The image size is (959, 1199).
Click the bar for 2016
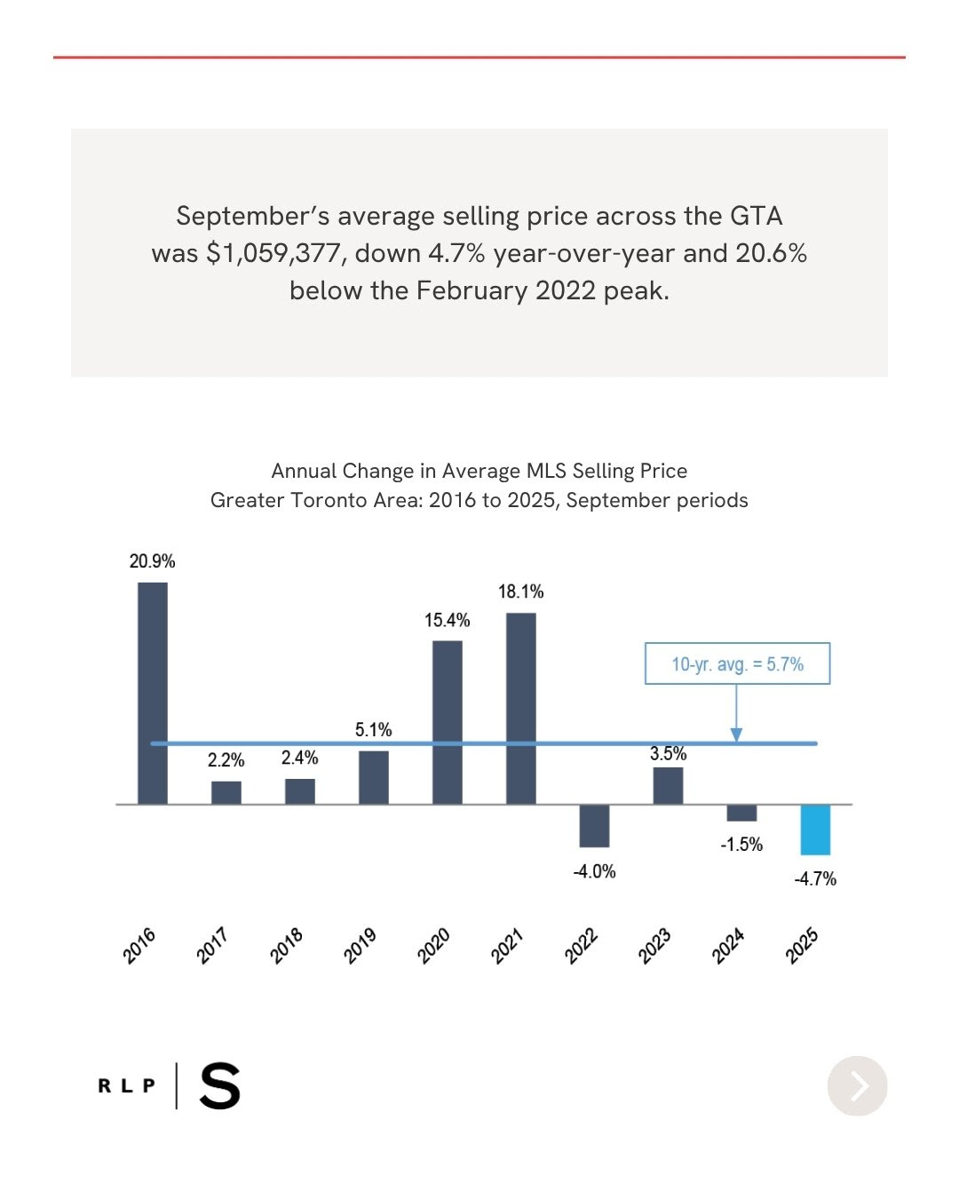coord(153,693)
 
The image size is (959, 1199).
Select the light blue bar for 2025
coord(815,830)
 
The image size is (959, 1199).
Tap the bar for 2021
coord(521,708)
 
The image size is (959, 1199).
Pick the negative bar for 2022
coord(594,825)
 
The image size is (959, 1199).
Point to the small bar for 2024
coord(741,813)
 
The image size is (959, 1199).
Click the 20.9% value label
coord(152,561)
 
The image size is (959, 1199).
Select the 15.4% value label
coord(447,620)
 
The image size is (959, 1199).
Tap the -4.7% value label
coord(815,878)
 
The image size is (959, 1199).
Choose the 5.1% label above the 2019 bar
coord(373,729)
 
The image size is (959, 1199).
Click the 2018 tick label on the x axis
coord(287,946)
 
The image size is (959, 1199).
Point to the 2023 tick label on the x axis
coord(654,946)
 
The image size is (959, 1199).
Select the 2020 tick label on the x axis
coord(434,946)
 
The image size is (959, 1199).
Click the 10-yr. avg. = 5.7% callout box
coord(737,663)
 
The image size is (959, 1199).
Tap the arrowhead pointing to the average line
coord(736,735)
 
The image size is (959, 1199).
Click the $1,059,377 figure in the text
coord(275,253)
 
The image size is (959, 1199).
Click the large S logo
coord(220,1086)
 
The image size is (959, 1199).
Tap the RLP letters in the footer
coord(127,1085)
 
